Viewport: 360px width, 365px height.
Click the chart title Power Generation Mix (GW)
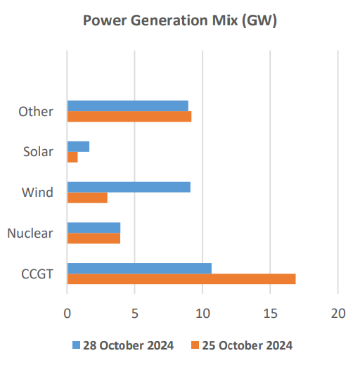click(x=180, y=20)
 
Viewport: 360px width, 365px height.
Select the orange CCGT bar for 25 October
click(x=181, y=278)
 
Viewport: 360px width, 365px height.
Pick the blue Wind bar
click(x=128, y=187)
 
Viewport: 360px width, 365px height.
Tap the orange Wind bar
click(x=87, y=198)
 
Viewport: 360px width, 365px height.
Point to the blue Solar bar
click(x=78, y=146)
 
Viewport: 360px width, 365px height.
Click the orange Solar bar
click(x=72, y=157)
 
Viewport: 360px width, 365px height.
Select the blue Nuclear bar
click(x=94, y=227)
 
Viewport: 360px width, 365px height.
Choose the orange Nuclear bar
click(x=94, y=238)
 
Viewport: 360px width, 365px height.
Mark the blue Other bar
click(x=127, y=105)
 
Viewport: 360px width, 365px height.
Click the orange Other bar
click(x=129, y=116)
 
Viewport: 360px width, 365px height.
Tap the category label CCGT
click(x=37, y=274)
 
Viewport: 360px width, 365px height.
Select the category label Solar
click(x=38, y=151)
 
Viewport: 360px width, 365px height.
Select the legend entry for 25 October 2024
click(x=241, y=345)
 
